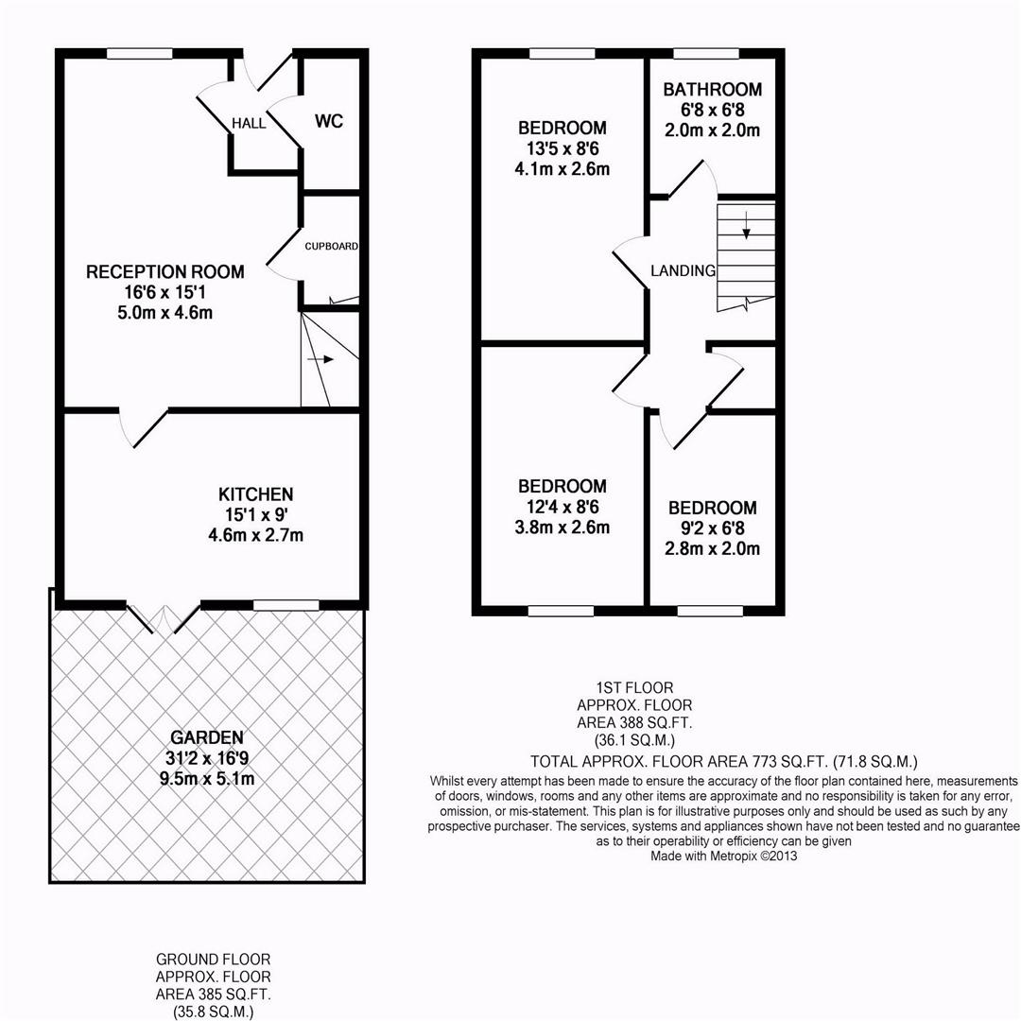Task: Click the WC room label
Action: pyautogui.click(x=328, y=121)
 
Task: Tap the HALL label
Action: pyautogui.click(x=249, y=123)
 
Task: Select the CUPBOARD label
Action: pyautogui.click(x=332, y=246)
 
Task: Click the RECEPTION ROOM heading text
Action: pyautogui.click(x=165, y=271)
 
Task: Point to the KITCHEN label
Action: pyautogui.click(x=256, y=494)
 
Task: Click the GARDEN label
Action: pyautogui.click(x=207, y=737)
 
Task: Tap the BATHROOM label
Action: pyautogui.click(x=713, y=89)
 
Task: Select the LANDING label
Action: pyautogui.click(x=684, y=270)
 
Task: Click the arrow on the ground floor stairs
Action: pyautogui.click(x=320, y=359)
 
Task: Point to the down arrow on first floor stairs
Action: pyautogui.click(x=746, y=225)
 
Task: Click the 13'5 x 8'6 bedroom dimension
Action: pyautogui.click(x=562, y=148)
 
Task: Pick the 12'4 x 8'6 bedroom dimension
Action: pyautogui.click(x=562, y=507)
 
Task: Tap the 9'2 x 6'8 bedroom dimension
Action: pyautogui.click(x=713, y=528)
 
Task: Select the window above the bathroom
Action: pyautogui.click(x=706, y=54)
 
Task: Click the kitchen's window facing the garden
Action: pyautogui.click(x=286, y=605)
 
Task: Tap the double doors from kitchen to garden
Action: pyautogui.click(x=164, y=618)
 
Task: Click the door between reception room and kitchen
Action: pyautogui.click(x=144, y=427)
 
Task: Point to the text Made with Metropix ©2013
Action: pyautogui.click(x=724, y=857)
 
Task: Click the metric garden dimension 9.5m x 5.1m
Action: pyautogui.click(x=207, y=778)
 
